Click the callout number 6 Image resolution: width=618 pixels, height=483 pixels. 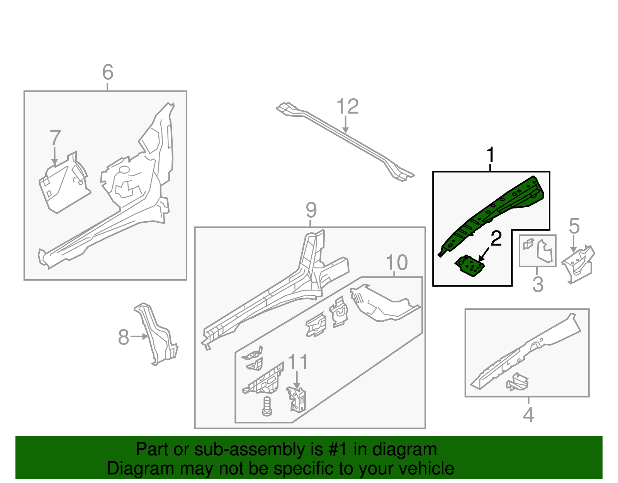point(108,72)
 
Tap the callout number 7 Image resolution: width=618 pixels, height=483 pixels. point(55,138)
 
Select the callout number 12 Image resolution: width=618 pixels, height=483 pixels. point(348,107)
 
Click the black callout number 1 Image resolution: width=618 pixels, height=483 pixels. point(490,155)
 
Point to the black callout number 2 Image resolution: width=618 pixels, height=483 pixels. point(496,239)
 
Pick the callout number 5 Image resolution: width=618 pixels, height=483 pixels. point(574,226)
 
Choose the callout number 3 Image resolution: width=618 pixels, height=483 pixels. point(538,284)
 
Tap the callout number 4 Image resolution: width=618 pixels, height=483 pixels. point(528,415)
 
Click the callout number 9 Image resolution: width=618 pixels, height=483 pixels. point(311,210)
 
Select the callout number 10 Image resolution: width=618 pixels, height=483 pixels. point(397,263)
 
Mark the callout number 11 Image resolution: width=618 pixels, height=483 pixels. point(298,362)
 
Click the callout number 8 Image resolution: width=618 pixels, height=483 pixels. point(124,337)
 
